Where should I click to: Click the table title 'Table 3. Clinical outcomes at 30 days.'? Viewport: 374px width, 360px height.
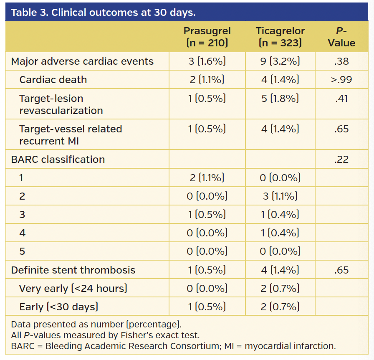103,12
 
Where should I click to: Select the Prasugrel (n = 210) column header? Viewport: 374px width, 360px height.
207,37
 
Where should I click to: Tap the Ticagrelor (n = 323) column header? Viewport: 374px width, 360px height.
280,37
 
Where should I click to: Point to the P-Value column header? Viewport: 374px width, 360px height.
341,37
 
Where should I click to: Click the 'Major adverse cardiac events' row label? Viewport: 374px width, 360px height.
82,61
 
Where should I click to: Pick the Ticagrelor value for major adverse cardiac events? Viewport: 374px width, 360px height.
280,61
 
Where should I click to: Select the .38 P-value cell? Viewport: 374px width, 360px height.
341,61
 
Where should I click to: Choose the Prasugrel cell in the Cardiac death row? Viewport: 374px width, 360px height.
207,80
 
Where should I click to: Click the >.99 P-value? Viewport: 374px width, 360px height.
341,80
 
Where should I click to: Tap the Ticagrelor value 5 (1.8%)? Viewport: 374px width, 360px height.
280,99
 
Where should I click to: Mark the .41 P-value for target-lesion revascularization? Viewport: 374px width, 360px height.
341,99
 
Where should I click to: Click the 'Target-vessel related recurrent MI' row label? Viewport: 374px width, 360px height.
71,135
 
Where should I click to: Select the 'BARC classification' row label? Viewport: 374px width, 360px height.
58,160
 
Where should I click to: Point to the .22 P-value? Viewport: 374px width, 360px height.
341,160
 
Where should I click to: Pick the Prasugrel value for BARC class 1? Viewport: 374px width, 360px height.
207,178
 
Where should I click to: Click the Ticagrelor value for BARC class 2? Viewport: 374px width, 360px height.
280,196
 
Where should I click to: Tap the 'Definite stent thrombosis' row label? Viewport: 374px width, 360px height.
73,270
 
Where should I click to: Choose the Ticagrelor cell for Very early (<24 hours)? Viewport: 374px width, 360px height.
280,289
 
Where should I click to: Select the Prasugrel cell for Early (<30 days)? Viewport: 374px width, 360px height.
207,307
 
